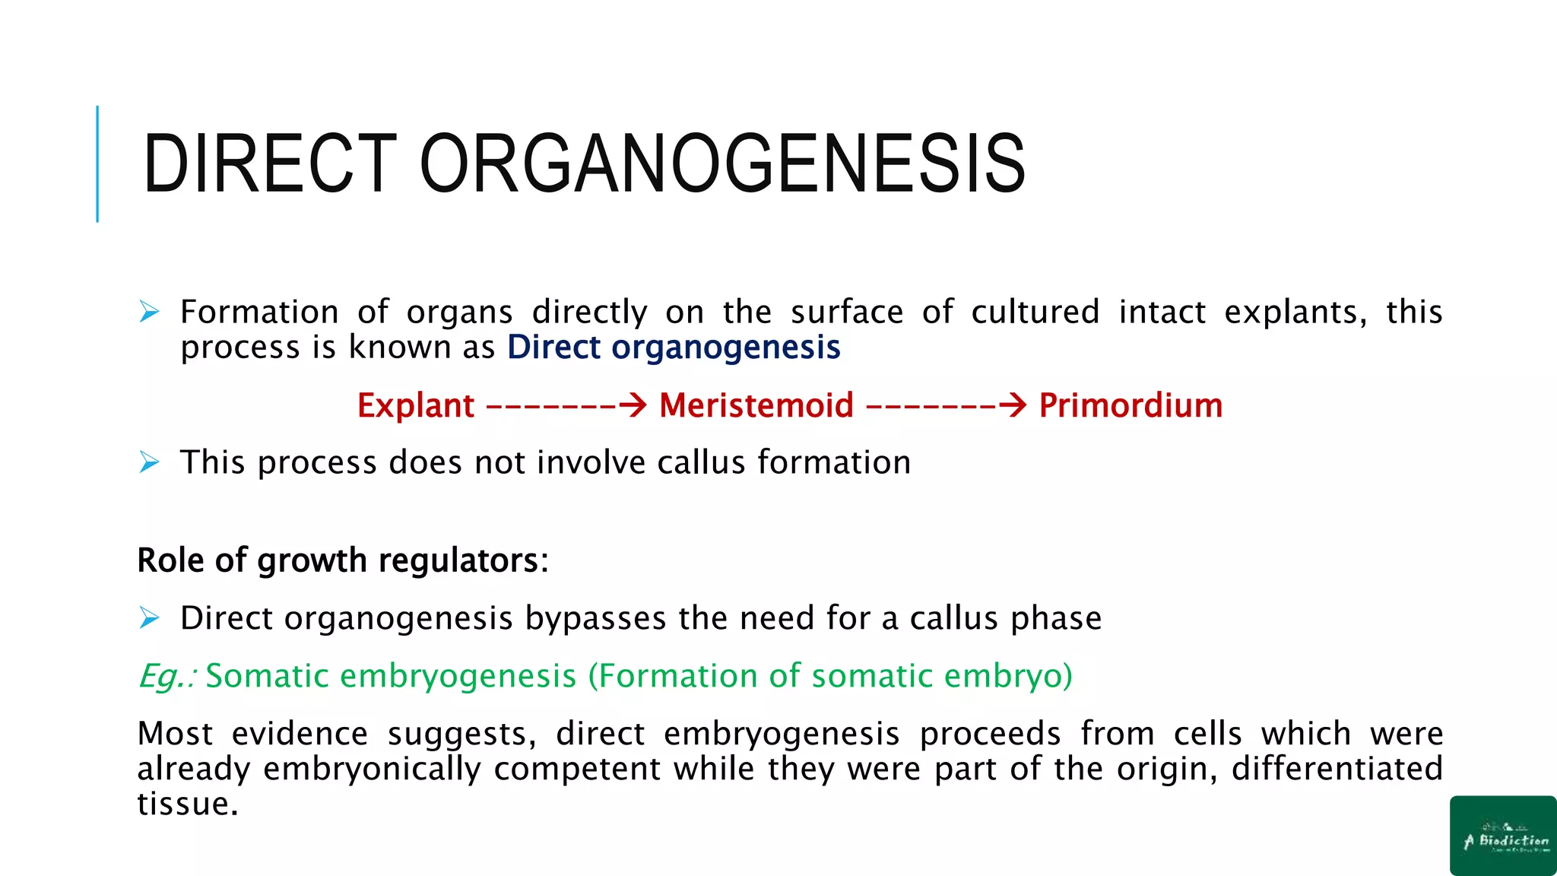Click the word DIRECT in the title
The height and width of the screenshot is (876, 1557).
(x=270, y=163)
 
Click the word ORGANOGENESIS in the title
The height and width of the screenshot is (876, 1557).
(x=722, y=163)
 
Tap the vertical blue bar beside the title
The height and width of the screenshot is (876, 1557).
(x=97, y=163)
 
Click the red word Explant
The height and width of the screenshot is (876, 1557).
(x=416, y=405)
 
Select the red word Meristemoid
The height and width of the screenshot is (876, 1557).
(x=756, y=405)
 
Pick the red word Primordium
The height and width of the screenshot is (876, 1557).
(x=1130, y=405)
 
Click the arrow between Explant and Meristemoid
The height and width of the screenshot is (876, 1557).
(x=566, y=405)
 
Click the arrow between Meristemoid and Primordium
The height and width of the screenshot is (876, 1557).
(x=947, y=405)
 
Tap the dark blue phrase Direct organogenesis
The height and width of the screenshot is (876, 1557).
(x=674, y=348)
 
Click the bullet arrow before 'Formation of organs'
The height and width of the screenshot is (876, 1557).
(x=150, y=312)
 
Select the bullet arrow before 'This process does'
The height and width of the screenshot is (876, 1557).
(x=150, y=462)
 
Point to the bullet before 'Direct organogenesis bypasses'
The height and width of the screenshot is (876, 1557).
(x=150, y=617)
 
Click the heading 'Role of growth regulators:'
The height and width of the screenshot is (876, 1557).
(x=342, y=560)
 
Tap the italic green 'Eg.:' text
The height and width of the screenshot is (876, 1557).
(x=167, y=676)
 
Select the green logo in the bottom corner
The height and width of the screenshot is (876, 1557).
(x=1503, y=836)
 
